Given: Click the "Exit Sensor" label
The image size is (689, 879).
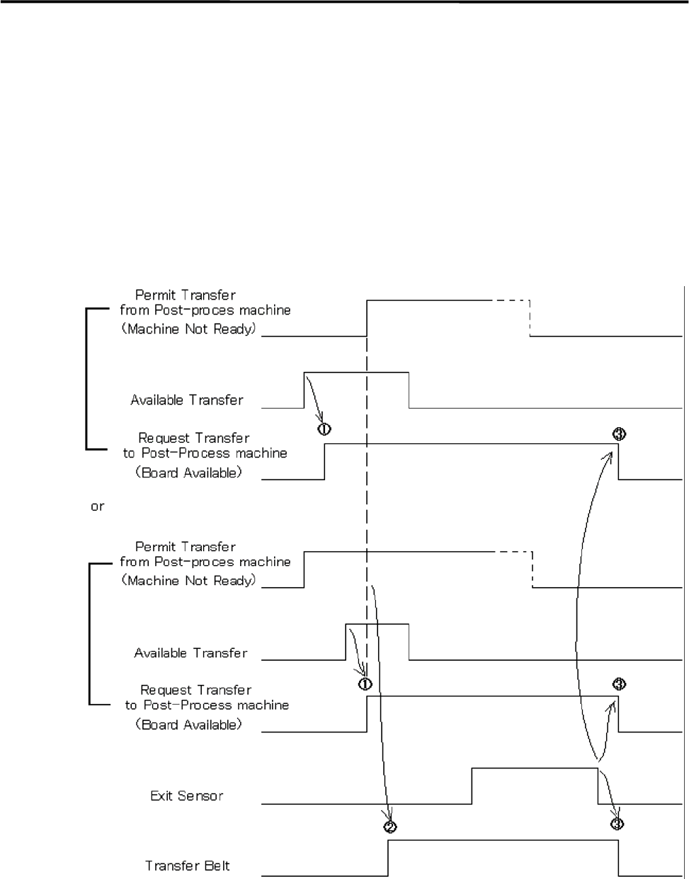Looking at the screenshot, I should coord(186,796).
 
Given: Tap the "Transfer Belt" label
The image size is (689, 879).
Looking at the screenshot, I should coord(188,866).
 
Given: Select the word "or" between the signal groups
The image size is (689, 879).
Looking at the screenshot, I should coord(98,507).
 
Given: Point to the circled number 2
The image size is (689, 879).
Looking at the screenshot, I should coord(389,826).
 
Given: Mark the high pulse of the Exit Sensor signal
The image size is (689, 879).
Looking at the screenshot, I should coord(535,768).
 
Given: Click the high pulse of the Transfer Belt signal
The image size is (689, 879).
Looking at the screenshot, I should coord(503,841).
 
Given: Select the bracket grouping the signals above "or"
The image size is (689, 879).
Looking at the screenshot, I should coord(87,379).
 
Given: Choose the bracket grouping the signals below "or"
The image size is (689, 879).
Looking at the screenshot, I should coord(90,633).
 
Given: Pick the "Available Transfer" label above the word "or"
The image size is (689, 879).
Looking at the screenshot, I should coord(187,400).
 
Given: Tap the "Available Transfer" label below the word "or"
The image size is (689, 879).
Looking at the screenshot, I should coord(190,653).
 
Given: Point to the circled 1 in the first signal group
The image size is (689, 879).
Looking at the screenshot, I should coord(324,429).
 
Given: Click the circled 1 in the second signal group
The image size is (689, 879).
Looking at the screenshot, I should coord(365,684).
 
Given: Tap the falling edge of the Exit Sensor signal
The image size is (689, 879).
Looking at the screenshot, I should coord(598,786).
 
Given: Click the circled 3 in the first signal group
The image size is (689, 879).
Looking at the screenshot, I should coord(618,434).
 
